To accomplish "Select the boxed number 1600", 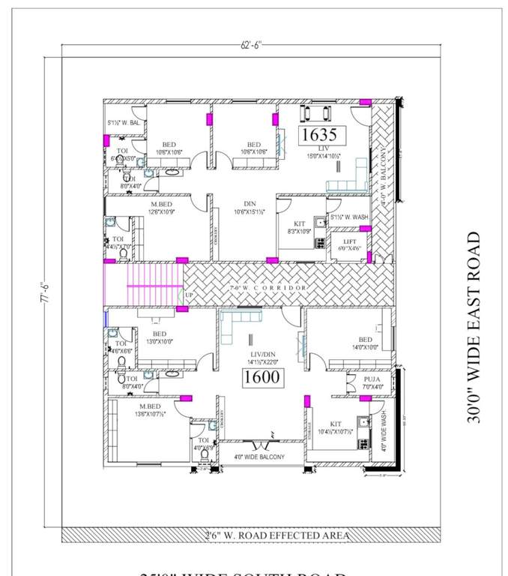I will [262, 377].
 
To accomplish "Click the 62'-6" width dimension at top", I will [252, 46].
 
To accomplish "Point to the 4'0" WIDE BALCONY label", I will [259, 457].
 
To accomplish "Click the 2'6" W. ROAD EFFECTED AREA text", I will [277, 535].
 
